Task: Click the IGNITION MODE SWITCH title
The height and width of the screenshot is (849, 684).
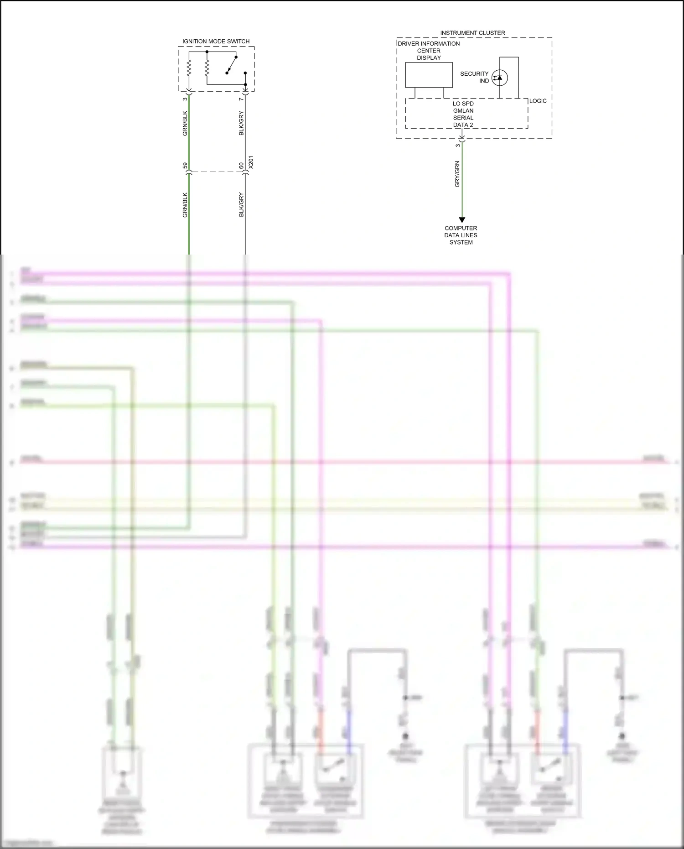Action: coord(216,42)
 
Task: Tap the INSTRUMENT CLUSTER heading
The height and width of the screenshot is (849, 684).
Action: coord(472,33)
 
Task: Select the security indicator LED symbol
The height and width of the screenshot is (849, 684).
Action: coord(499,78)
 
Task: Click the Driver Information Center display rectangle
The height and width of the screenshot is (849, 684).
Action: coord(429,75)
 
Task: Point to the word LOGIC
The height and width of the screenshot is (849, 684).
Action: coord(538,101)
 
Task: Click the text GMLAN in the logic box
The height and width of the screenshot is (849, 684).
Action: coord(463,111)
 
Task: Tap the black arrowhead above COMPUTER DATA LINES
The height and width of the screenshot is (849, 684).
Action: coord(461,220)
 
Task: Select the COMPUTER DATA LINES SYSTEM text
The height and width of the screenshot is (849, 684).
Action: coord(461,235)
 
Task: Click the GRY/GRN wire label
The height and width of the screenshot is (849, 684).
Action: coord(457,174)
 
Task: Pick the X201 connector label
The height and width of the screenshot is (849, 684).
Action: coord(251,162)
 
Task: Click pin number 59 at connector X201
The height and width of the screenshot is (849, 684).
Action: coord(185,166)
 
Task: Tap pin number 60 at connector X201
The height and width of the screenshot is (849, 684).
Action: coord(242,166)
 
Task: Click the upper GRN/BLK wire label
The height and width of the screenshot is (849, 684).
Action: coord(185,123)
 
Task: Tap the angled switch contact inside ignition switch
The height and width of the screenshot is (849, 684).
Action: coord(231,65)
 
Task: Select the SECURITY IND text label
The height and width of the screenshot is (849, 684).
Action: coord(474,77)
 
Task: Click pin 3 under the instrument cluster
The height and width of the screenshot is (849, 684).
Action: coord(458,145)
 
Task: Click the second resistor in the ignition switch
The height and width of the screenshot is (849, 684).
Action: coord(207,69)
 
